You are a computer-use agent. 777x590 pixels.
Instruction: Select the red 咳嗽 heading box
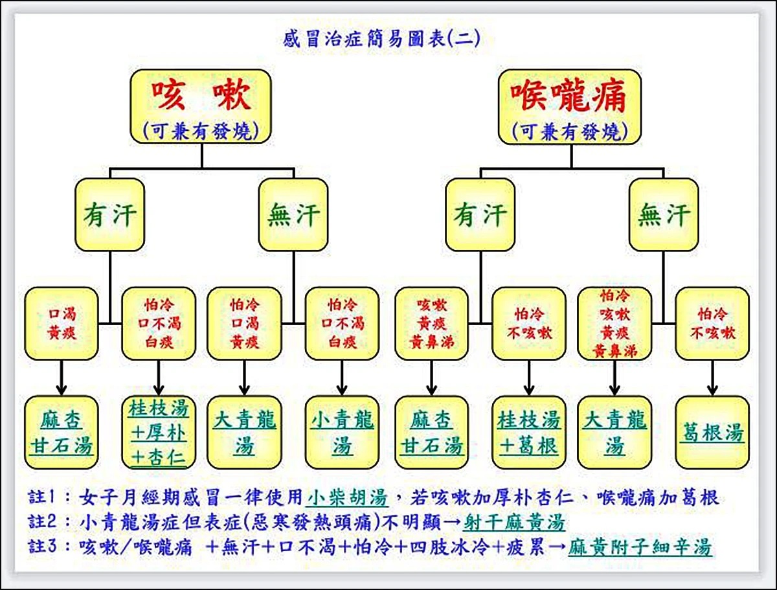coord(201,106)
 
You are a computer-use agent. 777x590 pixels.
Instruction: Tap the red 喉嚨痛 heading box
coord(570,106)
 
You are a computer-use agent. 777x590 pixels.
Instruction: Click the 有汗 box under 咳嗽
coord(109,215)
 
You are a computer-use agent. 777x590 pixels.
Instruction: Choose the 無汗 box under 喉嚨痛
coord(663,215)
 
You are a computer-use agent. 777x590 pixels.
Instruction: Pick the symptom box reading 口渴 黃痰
coord(62,323)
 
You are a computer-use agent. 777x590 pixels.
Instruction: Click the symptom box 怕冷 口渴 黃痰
coord(244,323)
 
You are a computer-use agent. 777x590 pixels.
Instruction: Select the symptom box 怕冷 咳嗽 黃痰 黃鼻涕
coord(614,323)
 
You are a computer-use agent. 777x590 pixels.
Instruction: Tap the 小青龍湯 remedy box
coord(342,433)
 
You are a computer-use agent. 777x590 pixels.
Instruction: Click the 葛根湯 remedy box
coord(712,433)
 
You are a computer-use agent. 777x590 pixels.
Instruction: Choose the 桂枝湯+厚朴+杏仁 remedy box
coord(159,433)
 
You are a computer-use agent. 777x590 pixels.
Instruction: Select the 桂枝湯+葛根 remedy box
coord(528,433)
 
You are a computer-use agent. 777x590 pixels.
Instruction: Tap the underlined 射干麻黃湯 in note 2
coord(514,522)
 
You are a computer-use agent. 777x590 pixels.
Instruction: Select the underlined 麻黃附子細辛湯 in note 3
coord(640,547)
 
